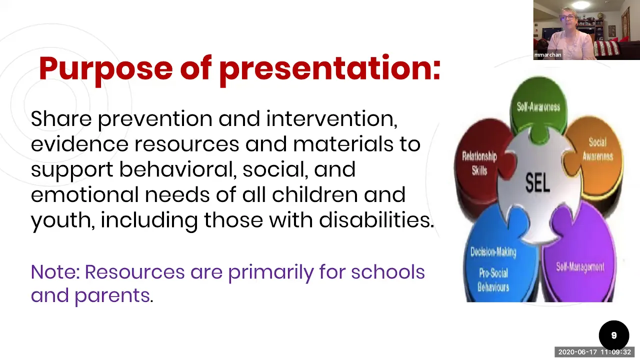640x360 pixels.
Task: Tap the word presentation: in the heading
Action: (x=330, y=69)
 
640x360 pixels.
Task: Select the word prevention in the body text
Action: (x=155, y=119)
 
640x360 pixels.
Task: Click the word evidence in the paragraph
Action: (x=79, y=144)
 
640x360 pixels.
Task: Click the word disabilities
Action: (x=376, y=219)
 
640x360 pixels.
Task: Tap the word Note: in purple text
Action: (x=55, y=271)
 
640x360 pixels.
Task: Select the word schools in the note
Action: (x=387, y=271)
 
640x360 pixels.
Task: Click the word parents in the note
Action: (x=112, y=295)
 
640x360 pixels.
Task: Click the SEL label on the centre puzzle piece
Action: (x=537, y=183)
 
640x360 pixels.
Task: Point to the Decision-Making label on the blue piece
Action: (x=493, y=252)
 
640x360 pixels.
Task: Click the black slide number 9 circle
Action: (x=613, y=335)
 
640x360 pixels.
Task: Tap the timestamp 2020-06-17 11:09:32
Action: (x=594, y=352)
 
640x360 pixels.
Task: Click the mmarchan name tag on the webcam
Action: (x=547, y=55)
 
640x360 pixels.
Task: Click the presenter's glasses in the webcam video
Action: (x=567, y=17)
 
